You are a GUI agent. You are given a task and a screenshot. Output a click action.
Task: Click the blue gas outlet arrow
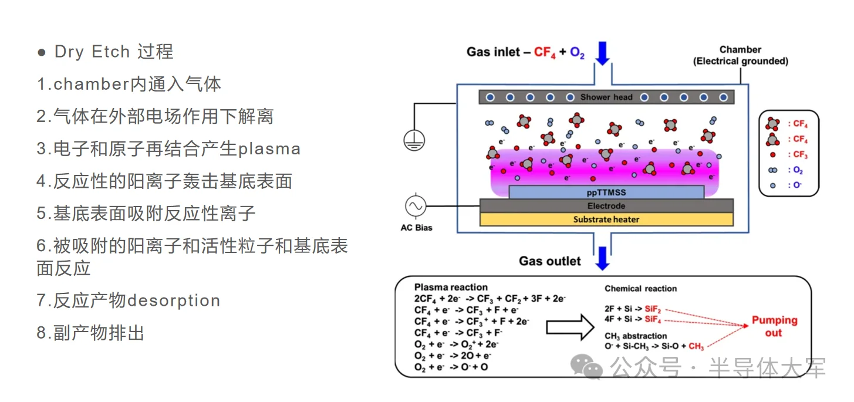tap(602, 258)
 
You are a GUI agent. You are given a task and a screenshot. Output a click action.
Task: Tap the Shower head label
tap(606, 97)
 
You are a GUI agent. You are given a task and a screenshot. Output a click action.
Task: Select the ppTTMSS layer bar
tap(606, 192)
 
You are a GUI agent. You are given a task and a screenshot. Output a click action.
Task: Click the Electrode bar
tap(606, 206)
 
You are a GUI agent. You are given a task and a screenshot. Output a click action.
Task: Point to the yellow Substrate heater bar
tap(606, 219)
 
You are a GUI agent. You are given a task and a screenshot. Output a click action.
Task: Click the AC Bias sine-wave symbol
tap(416, 206)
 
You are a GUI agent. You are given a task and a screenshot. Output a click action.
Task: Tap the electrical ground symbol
tap(414, 140)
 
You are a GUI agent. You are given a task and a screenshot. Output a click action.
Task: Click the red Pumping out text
tap(775, 326)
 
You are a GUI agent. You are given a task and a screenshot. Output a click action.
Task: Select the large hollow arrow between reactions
tap(570, 327)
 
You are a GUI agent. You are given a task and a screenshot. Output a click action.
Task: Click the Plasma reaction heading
tap(451, 288)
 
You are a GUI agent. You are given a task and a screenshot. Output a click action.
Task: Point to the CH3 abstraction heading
tap(636, 336)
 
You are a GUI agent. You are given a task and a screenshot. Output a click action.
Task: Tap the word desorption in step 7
tap(174, 301)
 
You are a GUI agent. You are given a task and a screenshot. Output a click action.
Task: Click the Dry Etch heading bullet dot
tap(42, 52)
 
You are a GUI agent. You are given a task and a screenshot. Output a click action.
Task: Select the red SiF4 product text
tap(653, 319)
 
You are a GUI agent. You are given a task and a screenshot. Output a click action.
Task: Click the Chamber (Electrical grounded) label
tap(740, 55)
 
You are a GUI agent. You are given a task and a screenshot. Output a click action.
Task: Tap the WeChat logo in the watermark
tap(586, 368)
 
